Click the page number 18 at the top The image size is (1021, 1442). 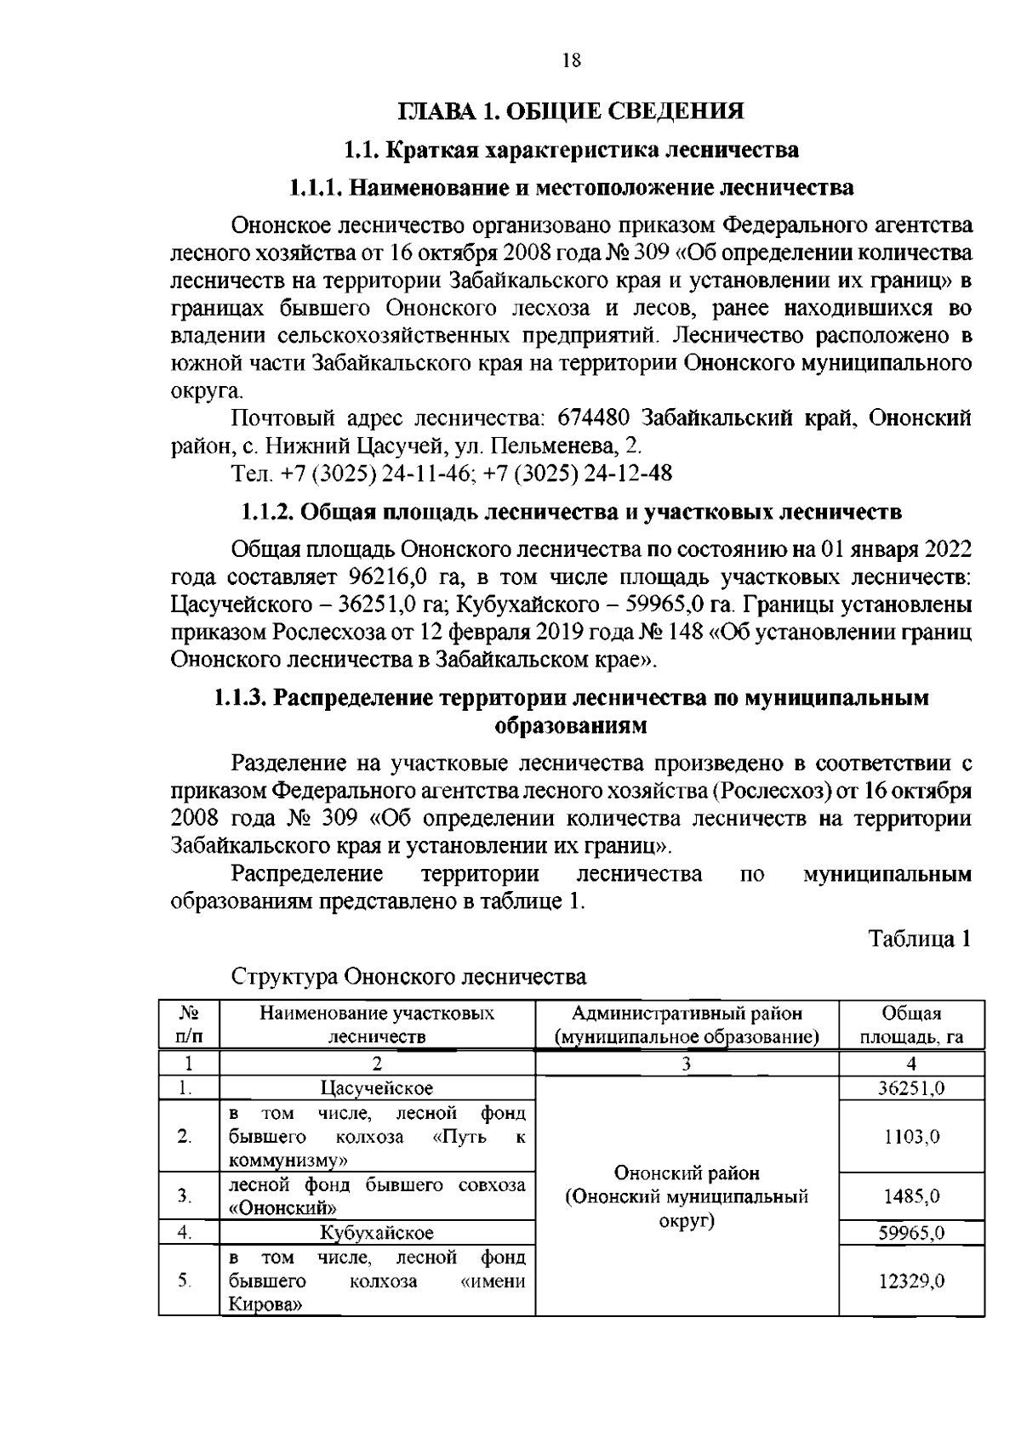[x=571, y=60]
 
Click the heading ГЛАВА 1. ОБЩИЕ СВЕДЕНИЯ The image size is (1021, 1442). [x=571, y=111]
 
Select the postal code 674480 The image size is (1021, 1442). [x=593, y=417]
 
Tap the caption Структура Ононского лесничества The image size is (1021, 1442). [x=409, y=975]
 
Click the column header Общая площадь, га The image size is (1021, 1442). [x=911, y=1025]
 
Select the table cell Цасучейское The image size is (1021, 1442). [x=377, y=1087]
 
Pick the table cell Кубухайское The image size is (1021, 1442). [x=377, y=1232]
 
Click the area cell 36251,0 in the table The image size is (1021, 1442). [x=911, y=1087]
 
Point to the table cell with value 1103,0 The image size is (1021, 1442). [x=911, y=1137]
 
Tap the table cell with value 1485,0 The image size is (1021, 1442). [x=911, y=1195]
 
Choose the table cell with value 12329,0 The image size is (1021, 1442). [x=911, y=1280]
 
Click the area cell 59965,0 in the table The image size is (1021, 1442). [x=911, y=1232]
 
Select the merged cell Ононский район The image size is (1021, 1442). [x=687, y=1173]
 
